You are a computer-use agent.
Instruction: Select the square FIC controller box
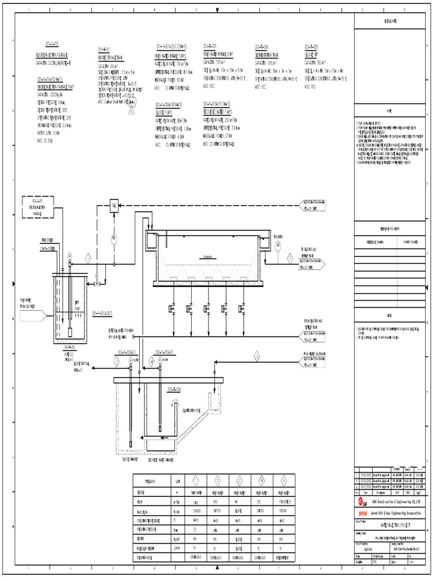113,206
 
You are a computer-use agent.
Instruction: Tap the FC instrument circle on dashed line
113,237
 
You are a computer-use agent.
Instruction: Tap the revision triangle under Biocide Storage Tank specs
131,112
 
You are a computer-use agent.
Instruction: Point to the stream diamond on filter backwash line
257,356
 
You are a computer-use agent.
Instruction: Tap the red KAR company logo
361,500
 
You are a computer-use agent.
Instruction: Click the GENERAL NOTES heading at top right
391,21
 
